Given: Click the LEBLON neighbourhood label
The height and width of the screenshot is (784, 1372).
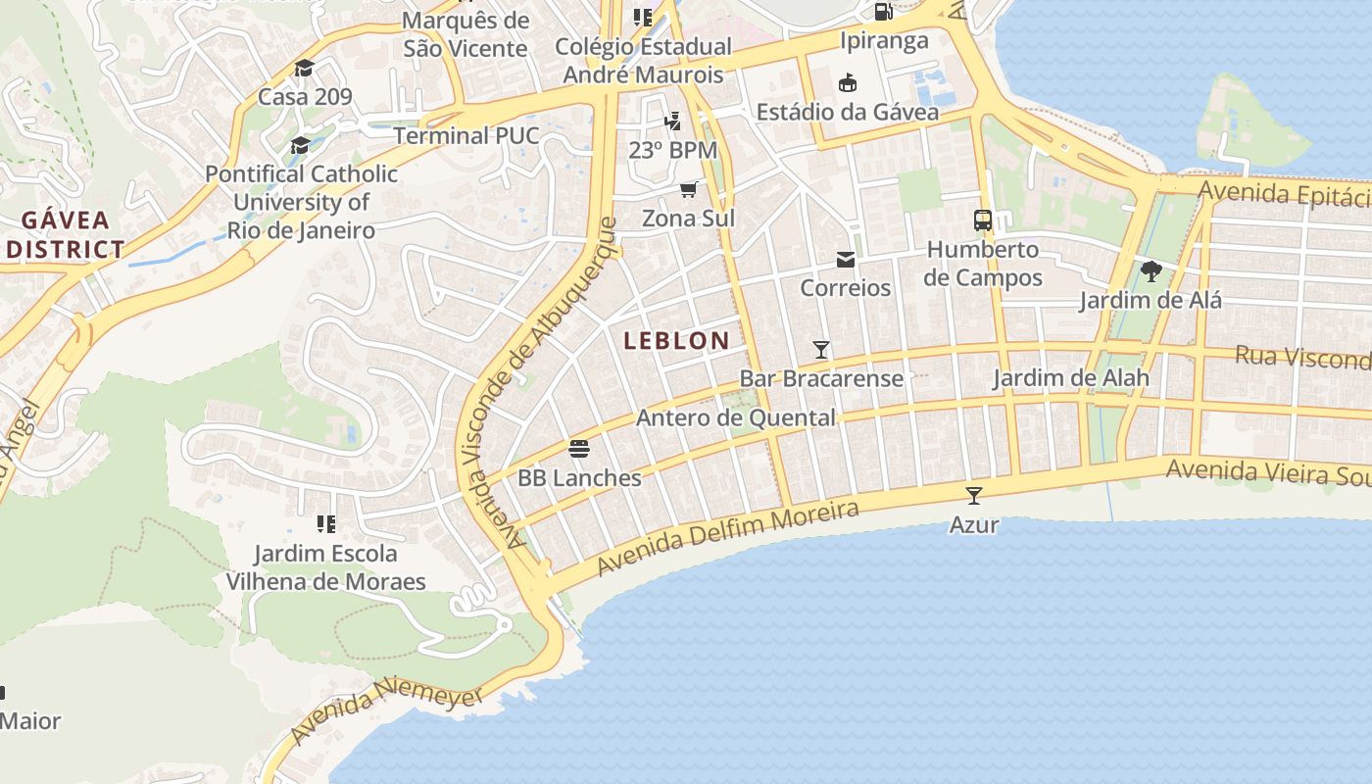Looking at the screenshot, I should click(676, 341).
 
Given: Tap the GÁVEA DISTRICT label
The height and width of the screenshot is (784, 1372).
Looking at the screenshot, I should click(66, 234).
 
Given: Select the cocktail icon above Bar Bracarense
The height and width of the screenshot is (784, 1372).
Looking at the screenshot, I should click(821, 350).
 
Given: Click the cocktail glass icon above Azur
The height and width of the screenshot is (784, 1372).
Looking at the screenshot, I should click(973, 496).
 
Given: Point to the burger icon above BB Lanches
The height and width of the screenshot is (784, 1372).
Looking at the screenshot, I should click(579, 450).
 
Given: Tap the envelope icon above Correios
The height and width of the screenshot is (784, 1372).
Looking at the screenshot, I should click(845, 260).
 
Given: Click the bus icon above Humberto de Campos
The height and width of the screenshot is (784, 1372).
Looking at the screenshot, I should click(983, 220).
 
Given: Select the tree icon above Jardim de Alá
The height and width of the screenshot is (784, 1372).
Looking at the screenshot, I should click(1151, 271).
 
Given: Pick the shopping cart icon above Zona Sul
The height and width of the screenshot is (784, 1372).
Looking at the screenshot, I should click(688, 189).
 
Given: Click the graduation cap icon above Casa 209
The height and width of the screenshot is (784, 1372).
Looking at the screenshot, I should click(304, 69).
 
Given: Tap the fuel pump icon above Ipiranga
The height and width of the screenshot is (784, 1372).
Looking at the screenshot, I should click(883, 12).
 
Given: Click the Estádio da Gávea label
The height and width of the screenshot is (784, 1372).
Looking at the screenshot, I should click(847, 112).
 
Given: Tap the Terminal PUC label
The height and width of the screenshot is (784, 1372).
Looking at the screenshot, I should click(466, 135).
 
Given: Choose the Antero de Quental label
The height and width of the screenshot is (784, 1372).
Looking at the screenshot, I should click(736, 418).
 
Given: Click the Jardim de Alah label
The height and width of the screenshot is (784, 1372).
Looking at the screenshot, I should click(1070, 378).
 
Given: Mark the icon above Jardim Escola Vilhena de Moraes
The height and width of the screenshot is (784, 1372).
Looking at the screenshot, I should click(326, 524).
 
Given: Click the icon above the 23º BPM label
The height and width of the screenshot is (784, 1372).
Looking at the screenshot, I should click(672, 122).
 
